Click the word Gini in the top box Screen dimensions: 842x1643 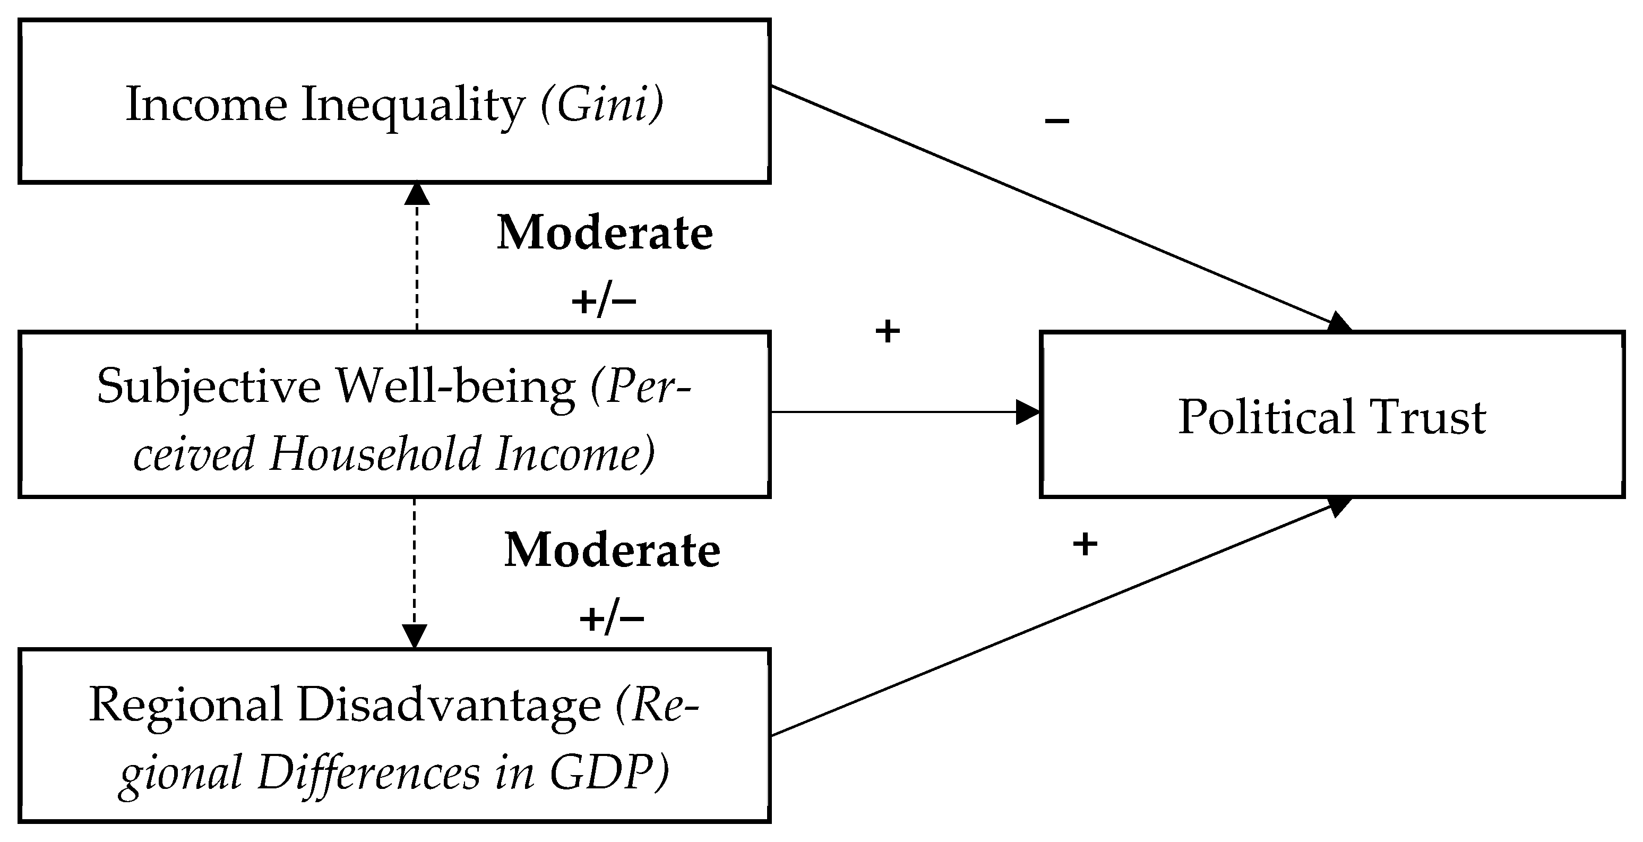pos(601,105)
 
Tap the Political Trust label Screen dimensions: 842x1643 pos(1332,417)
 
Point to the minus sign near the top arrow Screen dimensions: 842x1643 pos(1057,121)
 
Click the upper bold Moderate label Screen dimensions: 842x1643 pos(605,234)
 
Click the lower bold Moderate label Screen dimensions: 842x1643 pos(612,551)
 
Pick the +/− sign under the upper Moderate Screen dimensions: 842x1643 pos(604,301)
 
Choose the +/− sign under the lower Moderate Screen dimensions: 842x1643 pos(611,618)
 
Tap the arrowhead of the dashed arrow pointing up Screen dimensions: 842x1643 pos(417,193)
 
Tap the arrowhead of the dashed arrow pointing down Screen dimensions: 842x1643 pos(415,636)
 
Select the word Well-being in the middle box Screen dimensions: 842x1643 pos(456,387)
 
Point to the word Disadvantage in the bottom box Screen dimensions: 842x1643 pos(449,706)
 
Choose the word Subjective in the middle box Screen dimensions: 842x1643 pos(209,387)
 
